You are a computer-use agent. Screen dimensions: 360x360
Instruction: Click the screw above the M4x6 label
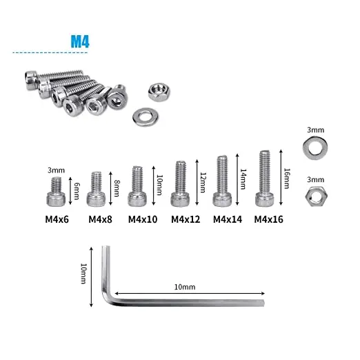[57, 194]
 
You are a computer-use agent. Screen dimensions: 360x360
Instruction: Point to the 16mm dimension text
[286, 176]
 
